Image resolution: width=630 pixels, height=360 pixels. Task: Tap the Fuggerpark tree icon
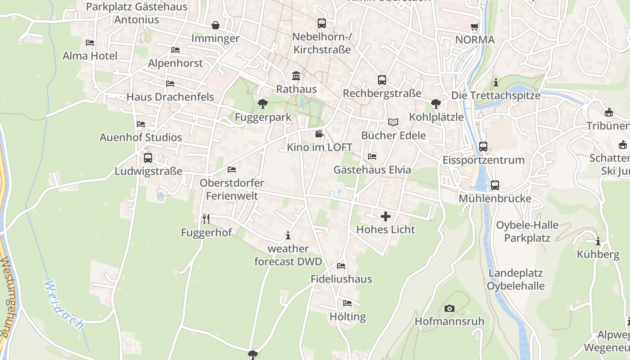click(262, 104)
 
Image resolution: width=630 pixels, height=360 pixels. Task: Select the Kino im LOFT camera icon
click(319, 134)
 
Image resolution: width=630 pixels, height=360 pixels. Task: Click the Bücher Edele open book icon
click(393, 122)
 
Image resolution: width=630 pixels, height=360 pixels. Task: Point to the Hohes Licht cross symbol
click(386, 216)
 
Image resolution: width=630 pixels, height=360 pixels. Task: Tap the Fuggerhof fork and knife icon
click(206, 219)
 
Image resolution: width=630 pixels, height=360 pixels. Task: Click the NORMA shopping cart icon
click(474, 27)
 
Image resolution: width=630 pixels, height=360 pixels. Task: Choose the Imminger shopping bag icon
click(216, 25)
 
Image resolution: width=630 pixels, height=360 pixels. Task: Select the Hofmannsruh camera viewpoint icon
click(449, 308)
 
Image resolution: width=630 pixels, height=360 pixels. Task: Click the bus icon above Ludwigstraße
click(148, 158)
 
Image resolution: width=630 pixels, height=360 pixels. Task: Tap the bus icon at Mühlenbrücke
click(495, 185)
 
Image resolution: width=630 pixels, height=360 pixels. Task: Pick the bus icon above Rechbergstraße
click(382, 80)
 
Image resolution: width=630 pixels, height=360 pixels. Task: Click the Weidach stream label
click(65, 305)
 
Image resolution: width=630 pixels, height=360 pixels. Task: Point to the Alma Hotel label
click(90, 56)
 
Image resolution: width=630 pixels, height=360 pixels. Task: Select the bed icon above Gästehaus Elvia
click(372, 157)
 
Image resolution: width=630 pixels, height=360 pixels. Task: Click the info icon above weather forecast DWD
click(288, 235)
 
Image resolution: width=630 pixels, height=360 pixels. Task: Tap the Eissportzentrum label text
click(483, 160)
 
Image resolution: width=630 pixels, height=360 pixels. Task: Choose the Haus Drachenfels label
click(170, 97)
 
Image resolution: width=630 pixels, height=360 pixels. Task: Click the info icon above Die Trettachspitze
click(496, 82)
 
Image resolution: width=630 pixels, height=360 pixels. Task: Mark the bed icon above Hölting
click(347, 303)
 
